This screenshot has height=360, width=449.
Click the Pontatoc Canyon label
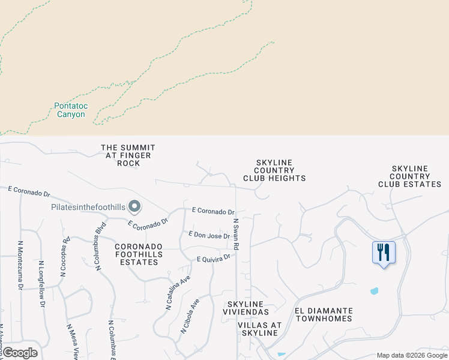coord(71,110)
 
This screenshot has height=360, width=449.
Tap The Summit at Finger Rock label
coord(128,155)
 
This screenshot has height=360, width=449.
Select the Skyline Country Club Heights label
coord(274,170)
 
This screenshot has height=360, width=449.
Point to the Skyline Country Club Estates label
coord(410,176)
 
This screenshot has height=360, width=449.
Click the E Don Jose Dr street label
coord(209,235)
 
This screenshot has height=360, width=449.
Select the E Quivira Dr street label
coord(214,259)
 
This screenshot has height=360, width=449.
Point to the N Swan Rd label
coord(236,235)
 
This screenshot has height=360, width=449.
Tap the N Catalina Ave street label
coord(178,293)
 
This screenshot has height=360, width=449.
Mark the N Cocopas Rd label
coord(63,256)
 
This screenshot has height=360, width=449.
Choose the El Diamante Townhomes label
coord(324,314)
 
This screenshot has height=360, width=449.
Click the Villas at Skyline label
coord(260,329)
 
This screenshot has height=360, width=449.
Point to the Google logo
coord(20,353)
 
